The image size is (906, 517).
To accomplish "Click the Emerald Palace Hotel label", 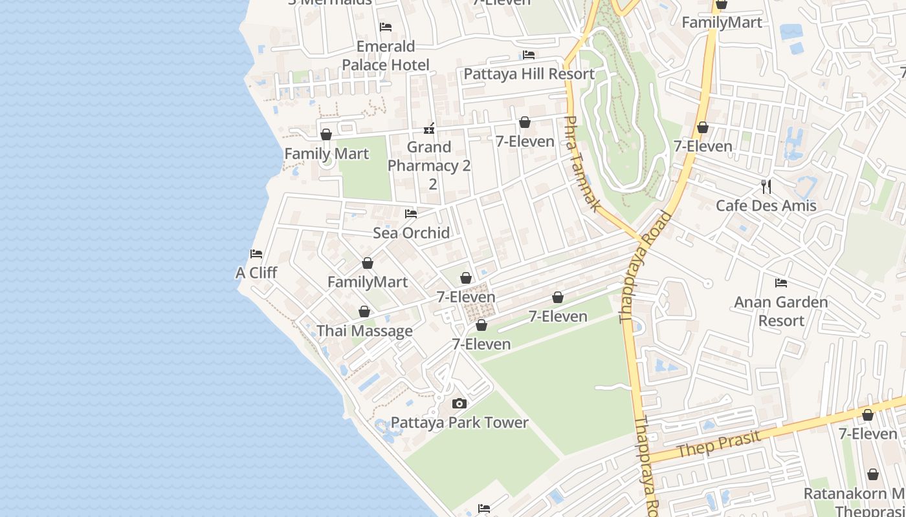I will coord(386,56).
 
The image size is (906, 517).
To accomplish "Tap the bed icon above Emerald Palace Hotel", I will coord(386,27).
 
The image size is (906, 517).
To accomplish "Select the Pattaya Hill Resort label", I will coord(529,74).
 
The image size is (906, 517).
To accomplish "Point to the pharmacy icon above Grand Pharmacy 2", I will coord(428,129).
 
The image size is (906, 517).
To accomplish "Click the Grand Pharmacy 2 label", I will coord(429,165).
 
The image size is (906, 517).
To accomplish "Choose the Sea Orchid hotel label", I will coord(411,233).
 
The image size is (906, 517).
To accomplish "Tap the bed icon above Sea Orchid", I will coord(411,214).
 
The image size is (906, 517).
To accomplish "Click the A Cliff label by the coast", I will coord(256,273).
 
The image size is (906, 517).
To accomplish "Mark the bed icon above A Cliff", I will coord(256,254).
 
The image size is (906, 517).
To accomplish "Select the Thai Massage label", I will coord(364,331).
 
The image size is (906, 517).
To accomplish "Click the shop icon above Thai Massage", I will coord(364,312).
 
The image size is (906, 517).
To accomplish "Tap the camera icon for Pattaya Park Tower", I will coord(459,404).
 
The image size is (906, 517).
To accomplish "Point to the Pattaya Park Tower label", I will coord(459,423).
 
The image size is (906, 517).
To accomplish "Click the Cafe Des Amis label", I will coord(766,206).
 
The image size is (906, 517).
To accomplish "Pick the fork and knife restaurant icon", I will coord(766,187).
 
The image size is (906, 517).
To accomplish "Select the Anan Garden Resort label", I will coord(781,311).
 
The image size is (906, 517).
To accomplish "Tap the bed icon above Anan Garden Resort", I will coord(781,283).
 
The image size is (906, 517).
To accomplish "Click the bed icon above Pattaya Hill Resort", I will coord(529,55).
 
